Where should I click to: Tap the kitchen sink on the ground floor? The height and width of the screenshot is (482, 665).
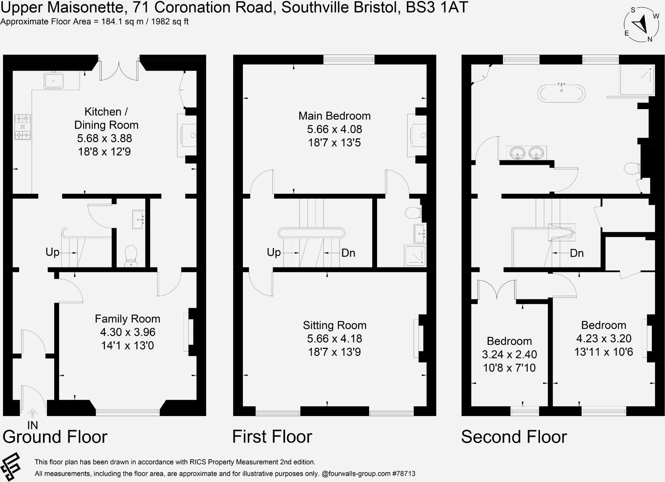(54, 80)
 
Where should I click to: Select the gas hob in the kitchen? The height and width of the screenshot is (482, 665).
(22, 127)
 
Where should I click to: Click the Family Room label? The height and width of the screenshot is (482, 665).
(127, 319)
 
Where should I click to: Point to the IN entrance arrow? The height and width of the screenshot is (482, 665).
(32, 414)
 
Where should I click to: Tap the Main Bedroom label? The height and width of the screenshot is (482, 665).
(334, 116)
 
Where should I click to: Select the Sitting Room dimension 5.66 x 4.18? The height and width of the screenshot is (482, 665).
(334, 339)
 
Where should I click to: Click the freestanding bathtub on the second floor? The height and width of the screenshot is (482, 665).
(561, 93)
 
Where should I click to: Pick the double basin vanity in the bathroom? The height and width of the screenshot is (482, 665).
(526, 153)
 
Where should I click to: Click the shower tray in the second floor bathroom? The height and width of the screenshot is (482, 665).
(636, 80)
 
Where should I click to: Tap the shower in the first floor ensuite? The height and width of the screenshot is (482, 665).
(415, 255)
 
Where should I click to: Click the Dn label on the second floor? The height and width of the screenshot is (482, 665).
(576, 253)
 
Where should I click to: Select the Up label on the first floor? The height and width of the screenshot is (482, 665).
(273, 253)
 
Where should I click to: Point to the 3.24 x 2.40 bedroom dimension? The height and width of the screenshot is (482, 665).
(509, 354)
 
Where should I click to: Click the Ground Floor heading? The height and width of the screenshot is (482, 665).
(55, 437)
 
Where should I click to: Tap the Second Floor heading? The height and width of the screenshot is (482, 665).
(514, 437)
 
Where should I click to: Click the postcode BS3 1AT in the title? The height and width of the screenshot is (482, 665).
(437, 7)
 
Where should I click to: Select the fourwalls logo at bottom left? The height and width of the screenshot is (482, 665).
(11, 468)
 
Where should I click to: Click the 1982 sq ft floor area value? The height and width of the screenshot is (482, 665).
(169, 22)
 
